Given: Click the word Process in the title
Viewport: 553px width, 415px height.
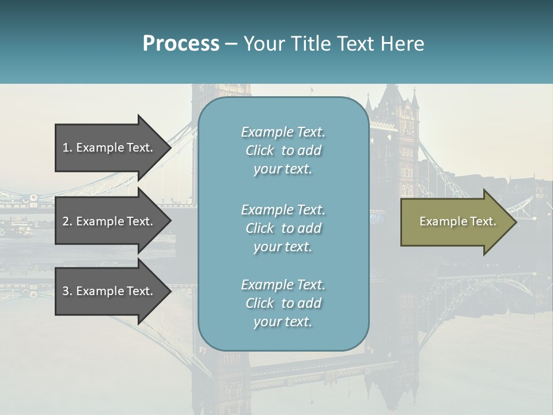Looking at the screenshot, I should click(181, 44).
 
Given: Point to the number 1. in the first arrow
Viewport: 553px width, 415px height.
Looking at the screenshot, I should click(67, 148).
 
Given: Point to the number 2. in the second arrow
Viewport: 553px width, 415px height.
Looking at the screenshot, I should click(67, 221).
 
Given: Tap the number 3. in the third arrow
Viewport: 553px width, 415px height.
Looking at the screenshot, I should click(67, 291).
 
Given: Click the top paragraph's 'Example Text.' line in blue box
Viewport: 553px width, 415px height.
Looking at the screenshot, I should click(283, 132).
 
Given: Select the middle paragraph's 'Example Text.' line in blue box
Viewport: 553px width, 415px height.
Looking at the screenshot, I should click(283, 210).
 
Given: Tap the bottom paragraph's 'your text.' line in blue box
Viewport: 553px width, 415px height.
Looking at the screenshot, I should click(283, 322).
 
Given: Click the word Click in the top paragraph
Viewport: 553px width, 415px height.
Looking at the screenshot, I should click(260, 150).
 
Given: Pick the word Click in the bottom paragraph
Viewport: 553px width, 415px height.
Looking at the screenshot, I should click(260, 303).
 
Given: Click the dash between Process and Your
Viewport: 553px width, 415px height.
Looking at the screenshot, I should click(232, 44).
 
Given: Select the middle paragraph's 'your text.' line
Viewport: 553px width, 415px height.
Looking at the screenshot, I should click(283, 247).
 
